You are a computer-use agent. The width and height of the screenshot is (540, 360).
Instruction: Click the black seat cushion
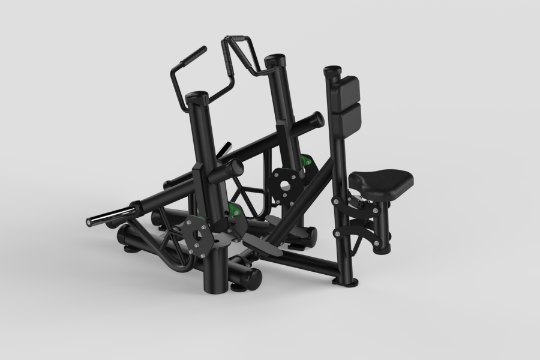383,178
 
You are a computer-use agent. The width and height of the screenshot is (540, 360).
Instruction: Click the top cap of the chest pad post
331,70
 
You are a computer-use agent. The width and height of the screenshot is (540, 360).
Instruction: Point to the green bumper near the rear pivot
308,160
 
